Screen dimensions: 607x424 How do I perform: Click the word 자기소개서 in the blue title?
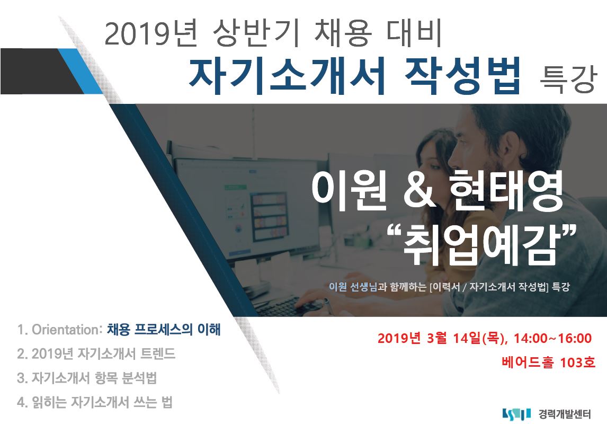tap(287, 76)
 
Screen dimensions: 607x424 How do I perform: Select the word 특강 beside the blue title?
tap(567, 80)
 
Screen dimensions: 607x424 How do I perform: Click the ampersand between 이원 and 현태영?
tap(419, 191)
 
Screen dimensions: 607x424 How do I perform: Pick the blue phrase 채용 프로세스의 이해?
tap(164, 330)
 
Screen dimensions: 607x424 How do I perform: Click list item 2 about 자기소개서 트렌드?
tap(96, 354)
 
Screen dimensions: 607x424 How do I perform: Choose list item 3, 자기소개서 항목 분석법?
tap(87, 378)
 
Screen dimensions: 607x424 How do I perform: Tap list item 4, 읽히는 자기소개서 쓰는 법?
tap(94, 402)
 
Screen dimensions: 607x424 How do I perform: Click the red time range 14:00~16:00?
tap(552, 339)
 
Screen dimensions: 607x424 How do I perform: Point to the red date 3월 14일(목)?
tap(466, 339)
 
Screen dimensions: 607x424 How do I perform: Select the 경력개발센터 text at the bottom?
tap(565, 414)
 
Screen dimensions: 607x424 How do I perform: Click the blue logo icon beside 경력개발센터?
tap(516, 414)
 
